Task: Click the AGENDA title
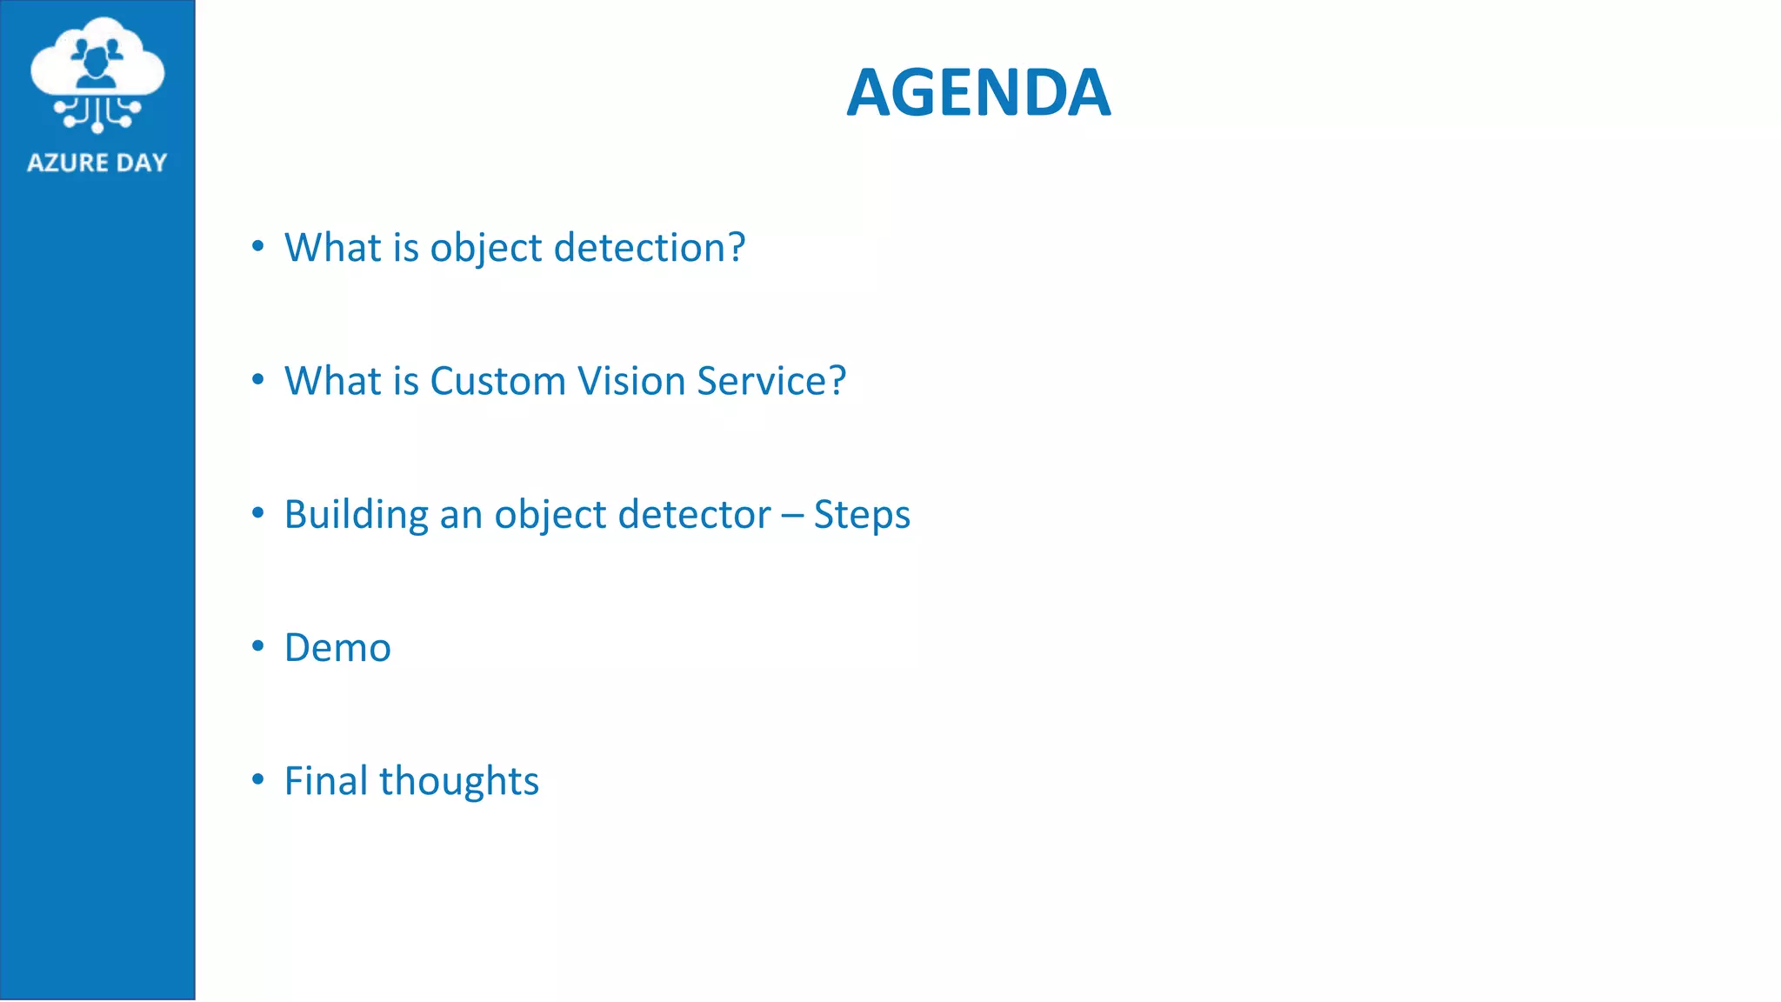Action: pyautogui.click(x=978, y=93)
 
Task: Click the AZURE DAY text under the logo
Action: pyautogui.click(x=97, y=163)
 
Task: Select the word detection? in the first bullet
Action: pyautogui.click(x=650, y=248)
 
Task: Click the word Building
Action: pyautogui.click(x=357, y=515)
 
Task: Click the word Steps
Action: pyautogui.click(x=862, y=515)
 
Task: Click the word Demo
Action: pyautogui.click(x=337, y=648)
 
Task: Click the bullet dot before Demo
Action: pyautogui.click(x=257, y=646)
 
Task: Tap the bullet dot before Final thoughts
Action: pyautogui.click(x=257, y=779)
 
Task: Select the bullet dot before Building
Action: pyautogui.click(x=257, y=513)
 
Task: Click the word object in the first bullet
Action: pyautogui.click(x=486, y=249)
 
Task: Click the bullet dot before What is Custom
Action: pyautogui.click(x=257, y=380)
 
